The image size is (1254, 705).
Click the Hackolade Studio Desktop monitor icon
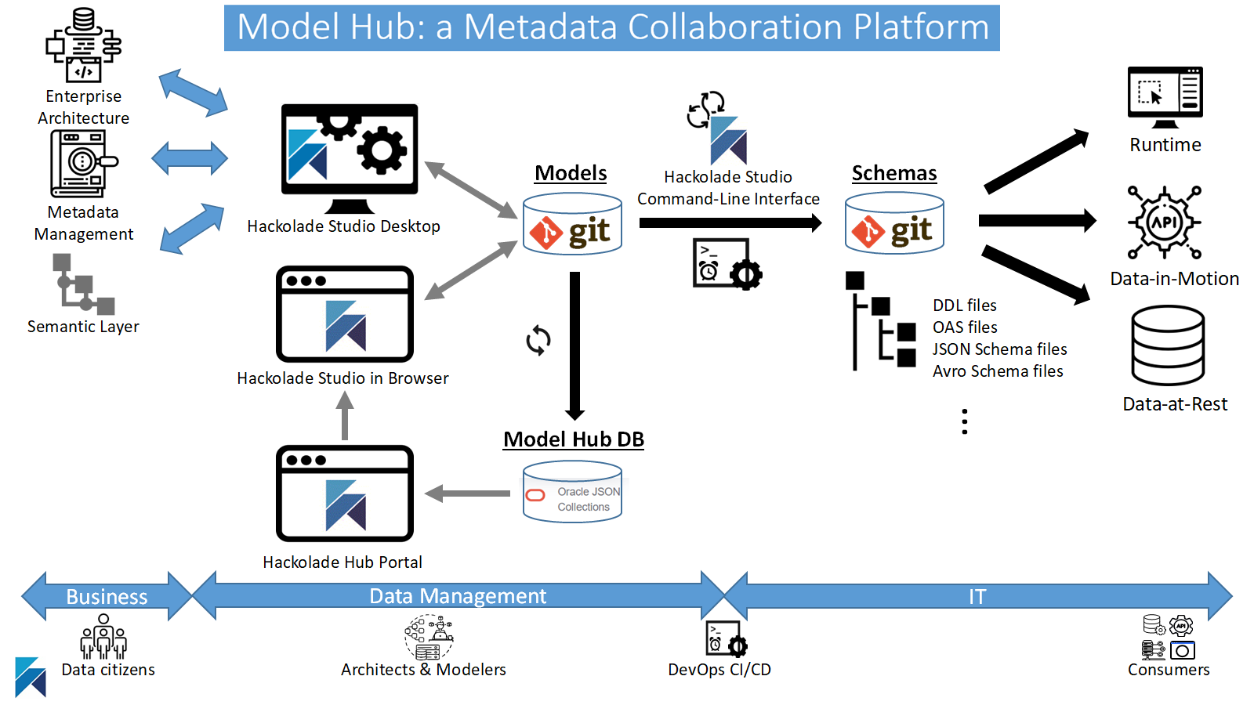[350, 157]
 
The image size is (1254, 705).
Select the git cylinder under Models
[572, 225]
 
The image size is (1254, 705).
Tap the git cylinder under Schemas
[894, 224]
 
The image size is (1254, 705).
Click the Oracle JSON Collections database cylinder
[572, 493]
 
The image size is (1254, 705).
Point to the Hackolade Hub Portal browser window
[345, 493]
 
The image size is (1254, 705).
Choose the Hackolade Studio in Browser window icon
[345, 314]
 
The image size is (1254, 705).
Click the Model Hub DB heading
[574, 439]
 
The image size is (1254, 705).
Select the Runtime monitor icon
[1165, 96]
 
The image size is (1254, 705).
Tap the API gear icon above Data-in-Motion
[1165, 222]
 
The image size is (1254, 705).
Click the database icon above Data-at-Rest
[1168, 345]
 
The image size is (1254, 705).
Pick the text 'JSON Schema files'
[999, 349]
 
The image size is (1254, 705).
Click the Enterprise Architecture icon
[83, 45]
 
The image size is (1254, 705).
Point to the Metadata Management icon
[82, 164]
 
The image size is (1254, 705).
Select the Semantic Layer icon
[83, 284]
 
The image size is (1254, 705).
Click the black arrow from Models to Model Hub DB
[574, 345]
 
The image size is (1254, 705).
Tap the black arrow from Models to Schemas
[730, 223]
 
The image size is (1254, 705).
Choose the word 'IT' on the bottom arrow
[977, 597]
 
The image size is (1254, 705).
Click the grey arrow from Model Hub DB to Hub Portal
[468, 493]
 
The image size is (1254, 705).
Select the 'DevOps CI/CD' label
[719, 670]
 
